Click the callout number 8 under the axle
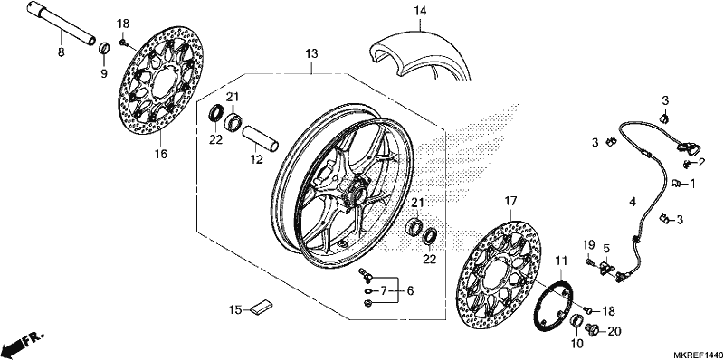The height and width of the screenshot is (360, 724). click(x=61, y=52)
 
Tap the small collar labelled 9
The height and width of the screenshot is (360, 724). click(x=105, y=48)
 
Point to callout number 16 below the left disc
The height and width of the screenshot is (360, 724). click(x=160, y=155)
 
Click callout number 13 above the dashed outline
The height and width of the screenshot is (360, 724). click(x=311, y=54)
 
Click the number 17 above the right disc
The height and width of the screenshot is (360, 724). click(x=510, y=201)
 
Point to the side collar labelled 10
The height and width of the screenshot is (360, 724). click(x=577, y=321)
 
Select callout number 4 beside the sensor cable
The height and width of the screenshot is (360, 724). click(x=633, y=202)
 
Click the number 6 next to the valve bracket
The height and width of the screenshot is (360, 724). click(x=410, y=291)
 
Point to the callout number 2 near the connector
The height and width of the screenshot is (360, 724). click(x=701, y=162)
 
